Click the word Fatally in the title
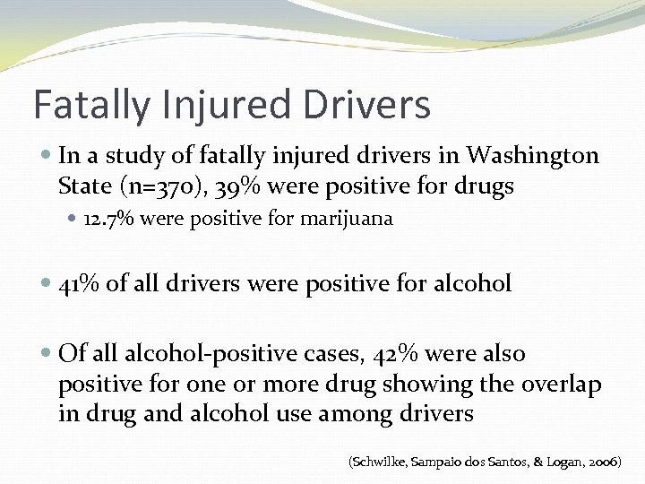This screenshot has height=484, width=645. pos(90,106)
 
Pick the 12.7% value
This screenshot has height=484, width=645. pos(106,219)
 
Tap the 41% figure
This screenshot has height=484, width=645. pos(79,284)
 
